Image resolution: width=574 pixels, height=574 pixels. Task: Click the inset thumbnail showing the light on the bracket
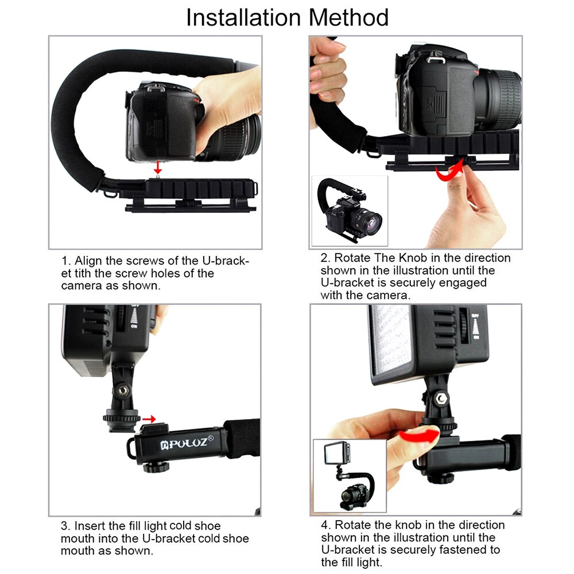(x=349, y=475)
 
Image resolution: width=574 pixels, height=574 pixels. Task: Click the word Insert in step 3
(x=90, y=526)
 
